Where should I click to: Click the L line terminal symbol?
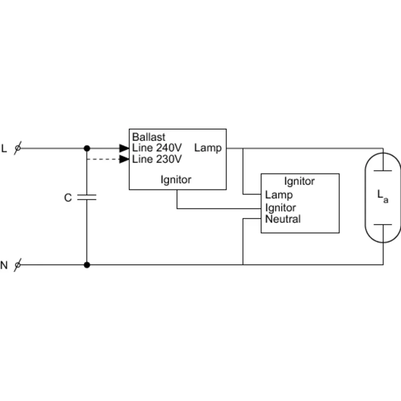(18, 148)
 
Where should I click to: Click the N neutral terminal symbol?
(18, 265)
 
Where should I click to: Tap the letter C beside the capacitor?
(68, 198)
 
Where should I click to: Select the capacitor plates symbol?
(87, 197)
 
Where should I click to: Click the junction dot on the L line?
(87, 148)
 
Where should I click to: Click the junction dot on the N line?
(87, 265)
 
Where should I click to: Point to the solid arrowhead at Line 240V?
(124, 148)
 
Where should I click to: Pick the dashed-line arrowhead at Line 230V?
(124, 159)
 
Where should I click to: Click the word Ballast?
(149, 137)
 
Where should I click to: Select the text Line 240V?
(157, 148)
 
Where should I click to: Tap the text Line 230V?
(157, 159)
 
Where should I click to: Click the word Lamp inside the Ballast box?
(208, 148)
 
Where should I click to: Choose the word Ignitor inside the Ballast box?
(176, 180)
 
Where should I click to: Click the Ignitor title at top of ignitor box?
(299, 181)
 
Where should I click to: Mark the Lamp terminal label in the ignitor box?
(279, 195)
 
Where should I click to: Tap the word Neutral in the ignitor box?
(283, 219)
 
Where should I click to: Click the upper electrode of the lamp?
(383, 170)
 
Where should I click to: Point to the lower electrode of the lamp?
(383, 225)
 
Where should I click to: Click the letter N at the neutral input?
(4, 265)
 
